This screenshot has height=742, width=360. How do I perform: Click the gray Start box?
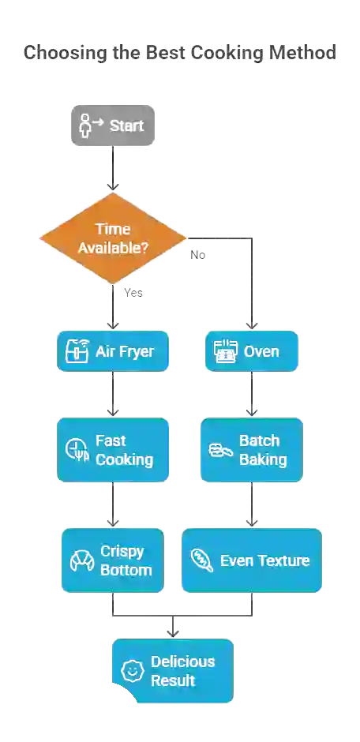[113, 126]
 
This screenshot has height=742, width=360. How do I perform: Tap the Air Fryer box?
[113, 351]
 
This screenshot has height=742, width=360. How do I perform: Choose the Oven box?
[251, 351]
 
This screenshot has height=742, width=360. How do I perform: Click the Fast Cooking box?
[113, 450]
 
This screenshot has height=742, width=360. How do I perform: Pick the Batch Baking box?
[251, 450]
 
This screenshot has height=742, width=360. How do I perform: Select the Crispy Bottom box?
[113, 560]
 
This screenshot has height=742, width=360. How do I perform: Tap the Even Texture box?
[251, 560]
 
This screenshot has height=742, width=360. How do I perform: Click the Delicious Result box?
[172, 671]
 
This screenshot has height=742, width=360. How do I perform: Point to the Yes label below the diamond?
[133, 292]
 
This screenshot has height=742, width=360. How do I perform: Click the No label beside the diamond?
[197, 254]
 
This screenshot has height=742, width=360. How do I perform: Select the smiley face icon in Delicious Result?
[131, 671]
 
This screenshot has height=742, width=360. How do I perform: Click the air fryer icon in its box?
[77, 351]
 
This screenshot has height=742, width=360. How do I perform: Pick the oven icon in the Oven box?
[226, 351]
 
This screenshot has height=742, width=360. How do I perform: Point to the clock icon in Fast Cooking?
[77, 450]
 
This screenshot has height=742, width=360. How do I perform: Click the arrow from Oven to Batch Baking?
[251, 395]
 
